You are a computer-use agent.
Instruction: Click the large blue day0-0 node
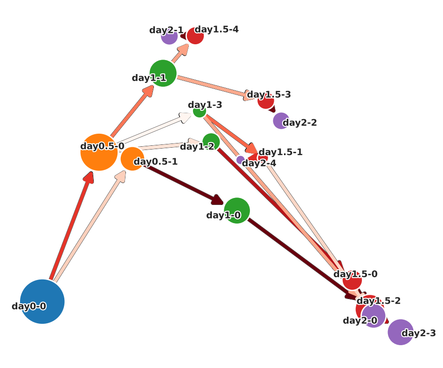[42, 301]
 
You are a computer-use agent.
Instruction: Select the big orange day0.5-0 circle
[99, 152]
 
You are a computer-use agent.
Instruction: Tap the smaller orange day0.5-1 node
[132, 159]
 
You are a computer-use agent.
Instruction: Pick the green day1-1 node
[163, 73]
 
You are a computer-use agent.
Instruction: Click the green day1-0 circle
[237, 211]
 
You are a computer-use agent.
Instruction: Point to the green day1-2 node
[211, 142]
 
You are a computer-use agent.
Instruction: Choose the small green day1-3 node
[200, 111]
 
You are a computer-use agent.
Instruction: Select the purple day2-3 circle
[401, 332]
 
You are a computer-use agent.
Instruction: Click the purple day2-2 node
[281, 121]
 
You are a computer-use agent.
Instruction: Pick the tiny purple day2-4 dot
[240, 160]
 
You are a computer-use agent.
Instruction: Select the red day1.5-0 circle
[352, 280]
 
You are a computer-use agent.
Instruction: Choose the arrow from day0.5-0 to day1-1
[131, 112]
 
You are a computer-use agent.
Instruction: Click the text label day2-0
[360, 320]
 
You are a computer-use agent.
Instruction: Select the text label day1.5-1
[281, 152]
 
